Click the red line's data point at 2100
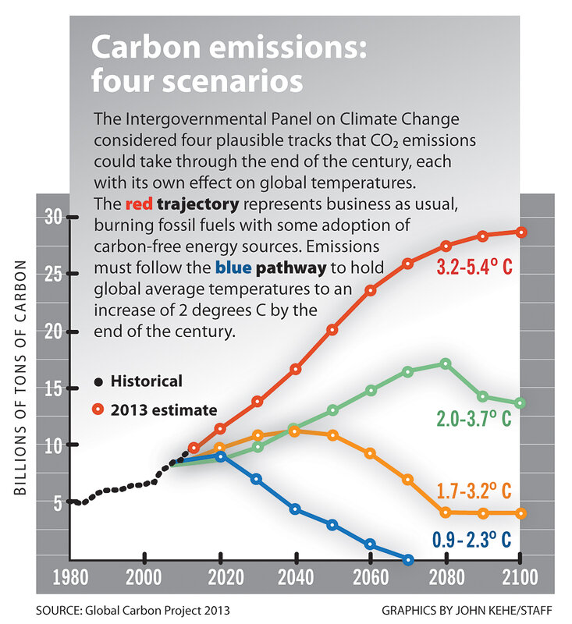click(x=521, y=232)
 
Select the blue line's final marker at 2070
click(x=407, y=559)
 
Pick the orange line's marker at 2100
click(x=521, y=513)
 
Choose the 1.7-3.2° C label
click(x=474, y=491)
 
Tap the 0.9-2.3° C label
click(x=473, y=539)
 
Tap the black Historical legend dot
click(x=98, y=382)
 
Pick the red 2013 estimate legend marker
click(x=98, y=409)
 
